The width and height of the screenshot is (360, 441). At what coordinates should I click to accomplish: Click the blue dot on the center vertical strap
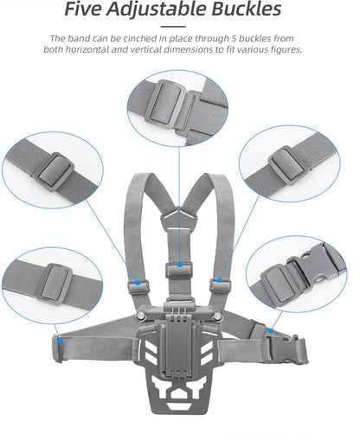[178, 264]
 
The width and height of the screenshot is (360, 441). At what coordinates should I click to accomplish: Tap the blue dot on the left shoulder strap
[137, 281]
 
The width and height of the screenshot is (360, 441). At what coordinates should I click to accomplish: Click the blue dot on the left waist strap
[58, 340]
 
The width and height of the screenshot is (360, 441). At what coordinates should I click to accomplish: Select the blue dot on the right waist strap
[271, 329]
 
